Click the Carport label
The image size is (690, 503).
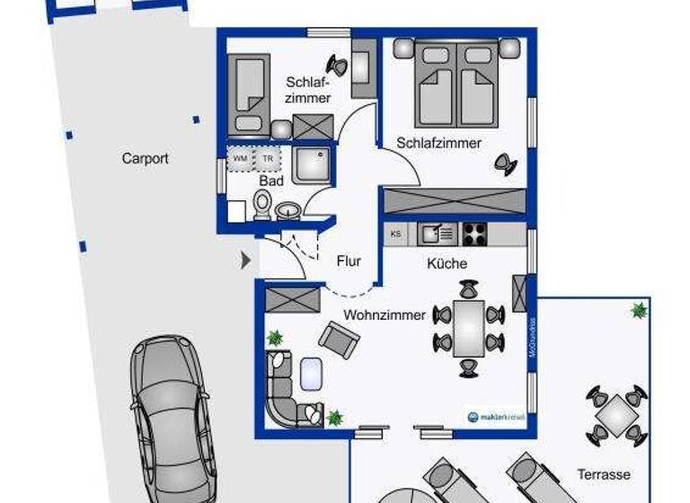tap(146, 159)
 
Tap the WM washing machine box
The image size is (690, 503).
tap(240, 159)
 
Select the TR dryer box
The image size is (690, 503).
tap(267, 159)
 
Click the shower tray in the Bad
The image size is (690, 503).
tap(311, 164)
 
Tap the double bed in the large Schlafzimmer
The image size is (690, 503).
tap(456, 85)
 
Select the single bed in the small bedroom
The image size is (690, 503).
tap(248, 93)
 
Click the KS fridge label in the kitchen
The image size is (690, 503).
tap(396, 234)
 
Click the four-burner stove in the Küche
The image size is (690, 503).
tap(473, 234)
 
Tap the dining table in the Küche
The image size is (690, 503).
tap(468, 329)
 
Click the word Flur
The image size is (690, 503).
tap(349, 261)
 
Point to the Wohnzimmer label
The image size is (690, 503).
tap(385, 315)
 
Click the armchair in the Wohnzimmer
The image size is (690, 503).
tap(339, 340)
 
